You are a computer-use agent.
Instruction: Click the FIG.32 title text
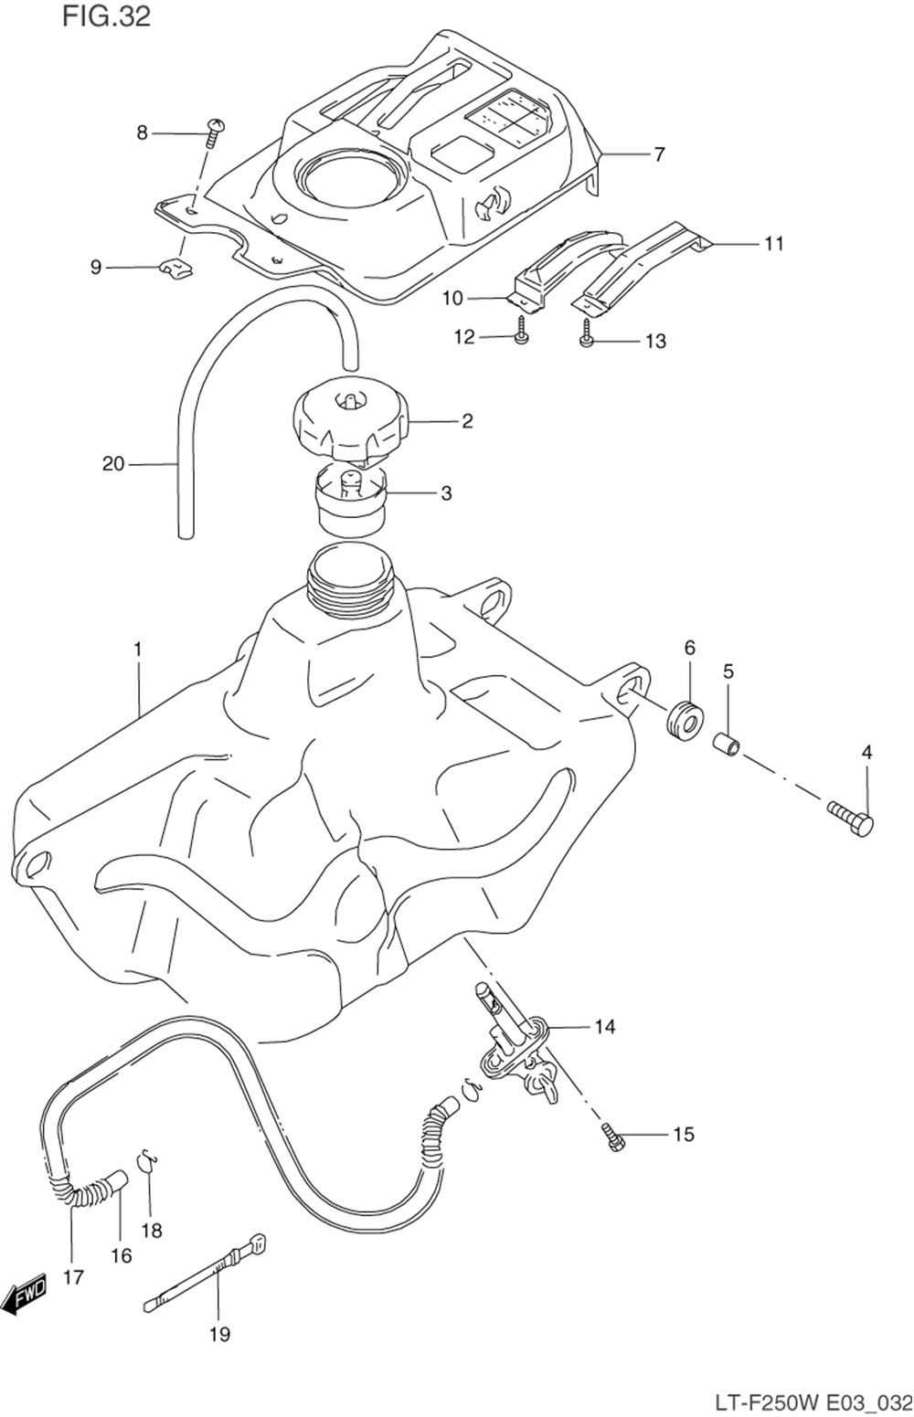click(x=106, y=16)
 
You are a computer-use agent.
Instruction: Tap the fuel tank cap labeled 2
click(x=350, y=424)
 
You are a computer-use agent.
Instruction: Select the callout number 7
click(x=659, y=154)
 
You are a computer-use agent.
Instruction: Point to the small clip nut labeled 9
click(x=175, y=270)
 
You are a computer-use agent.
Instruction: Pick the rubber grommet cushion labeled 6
click(x=685, y=718)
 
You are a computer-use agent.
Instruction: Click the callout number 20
click(x=112, y=464)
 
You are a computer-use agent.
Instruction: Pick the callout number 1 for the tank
click(x=137, y=650)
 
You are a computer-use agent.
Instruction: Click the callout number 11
click(x=773, y=244)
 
